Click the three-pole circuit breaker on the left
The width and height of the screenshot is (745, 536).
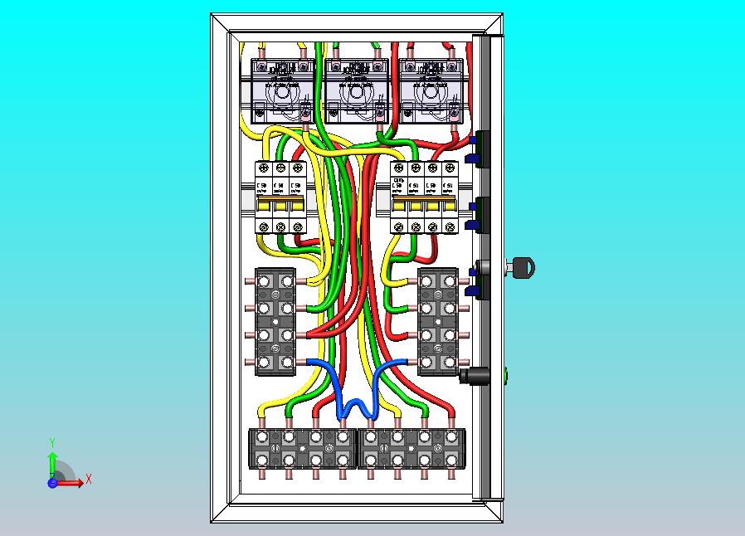pyautogui.click(x=280, y=197)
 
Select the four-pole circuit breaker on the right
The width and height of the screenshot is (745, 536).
pyautogui.click(x=423, y=197)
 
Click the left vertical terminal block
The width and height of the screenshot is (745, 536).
pyautogui.click(x=275, y=321)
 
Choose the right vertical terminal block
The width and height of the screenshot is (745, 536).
pyautogui.click(x=438, y=321)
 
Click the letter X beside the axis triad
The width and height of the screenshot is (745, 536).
pyautogui.click(x=89, y=479)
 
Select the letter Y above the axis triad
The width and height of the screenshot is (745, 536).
pyautogui.click(x=52, y=442)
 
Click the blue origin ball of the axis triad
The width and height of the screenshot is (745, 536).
pyautogui.click(x=52, y=482)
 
